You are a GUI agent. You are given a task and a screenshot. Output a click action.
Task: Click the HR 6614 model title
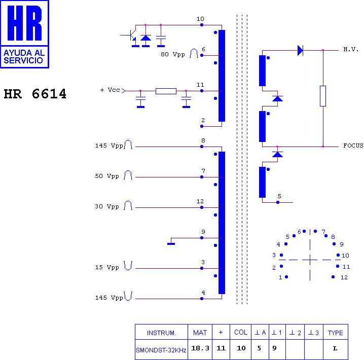click(35, 94)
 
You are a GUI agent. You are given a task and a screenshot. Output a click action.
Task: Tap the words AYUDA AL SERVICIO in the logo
click(24, 57)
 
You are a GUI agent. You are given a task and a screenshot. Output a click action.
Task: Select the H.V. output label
click(351, 50)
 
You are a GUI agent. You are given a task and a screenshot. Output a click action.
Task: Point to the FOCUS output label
click(353, 146)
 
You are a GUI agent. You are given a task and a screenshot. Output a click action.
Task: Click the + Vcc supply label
click(110, 90)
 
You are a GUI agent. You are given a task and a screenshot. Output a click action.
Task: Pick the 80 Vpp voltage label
click(173, 55)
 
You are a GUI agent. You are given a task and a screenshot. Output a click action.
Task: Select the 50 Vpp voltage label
click(107, 176)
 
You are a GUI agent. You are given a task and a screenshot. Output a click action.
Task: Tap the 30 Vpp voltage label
click(107, 206)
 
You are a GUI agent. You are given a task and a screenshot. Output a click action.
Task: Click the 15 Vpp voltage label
click(107, 267)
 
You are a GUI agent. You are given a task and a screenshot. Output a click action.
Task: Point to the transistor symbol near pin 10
click(131, 35)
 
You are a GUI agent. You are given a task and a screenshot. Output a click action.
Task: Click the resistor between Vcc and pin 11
click(166, 91)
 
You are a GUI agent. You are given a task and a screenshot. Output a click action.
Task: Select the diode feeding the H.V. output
click(300, 50)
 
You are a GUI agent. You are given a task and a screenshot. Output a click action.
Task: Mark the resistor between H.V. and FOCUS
click(323, 96)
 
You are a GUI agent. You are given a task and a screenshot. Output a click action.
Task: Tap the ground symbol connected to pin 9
click(171, 244)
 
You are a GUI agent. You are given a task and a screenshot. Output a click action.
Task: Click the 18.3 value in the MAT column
click(200, 348)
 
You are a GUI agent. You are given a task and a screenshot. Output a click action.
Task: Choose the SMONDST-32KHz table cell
click(161, 350)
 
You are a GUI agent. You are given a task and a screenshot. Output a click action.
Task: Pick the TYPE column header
click(335, 333)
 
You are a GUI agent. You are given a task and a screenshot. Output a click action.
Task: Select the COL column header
click(241, 333)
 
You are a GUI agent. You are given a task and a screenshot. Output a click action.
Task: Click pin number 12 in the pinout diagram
click(344, 277)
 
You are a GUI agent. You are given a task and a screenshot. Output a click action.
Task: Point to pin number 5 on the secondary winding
click(279, 196)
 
